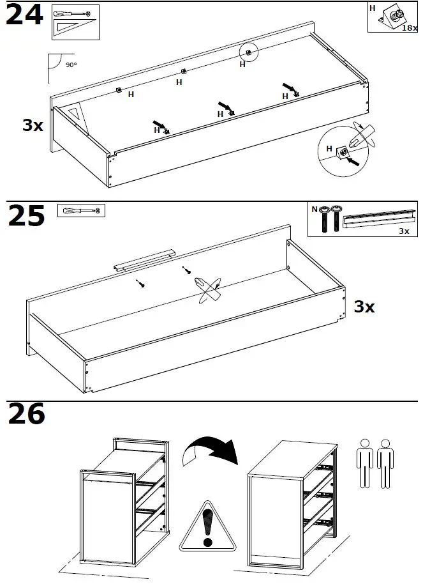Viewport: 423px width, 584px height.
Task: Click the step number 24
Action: click(24, 15)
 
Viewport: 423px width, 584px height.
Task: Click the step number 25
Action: click(26, 216)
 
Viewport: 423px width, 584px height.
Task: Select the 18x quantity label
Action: click(409, 29)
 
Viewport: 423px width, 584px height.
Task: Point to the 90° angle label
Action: click(71, 65)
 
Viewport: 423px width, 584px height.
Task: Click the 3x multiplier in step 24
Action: click(33, 125)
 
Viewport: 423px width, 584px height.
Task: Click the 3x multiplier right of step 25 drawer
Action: click(364, 307)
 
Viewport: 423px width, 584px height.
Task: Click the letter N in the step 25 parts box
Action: click(314, 209)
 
